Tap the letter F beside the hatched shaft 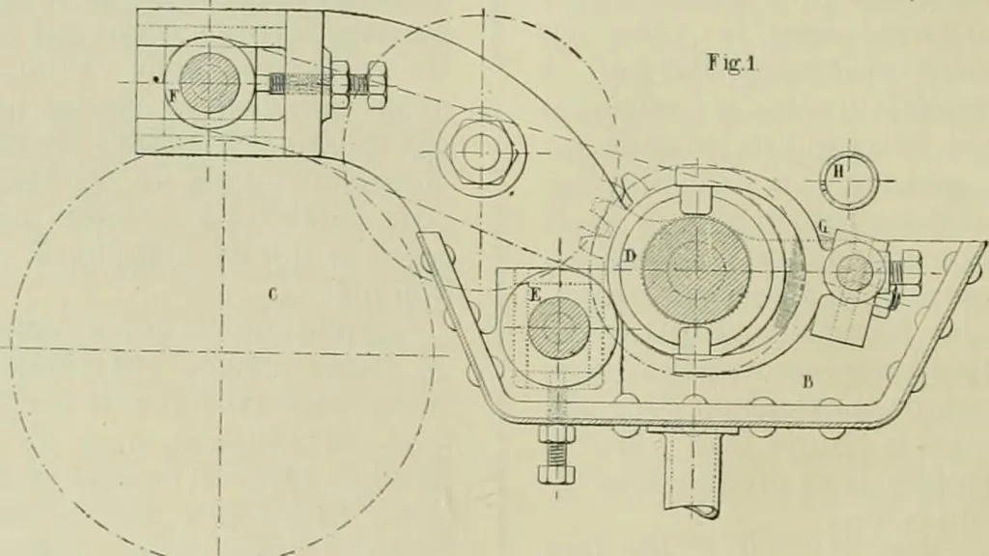(174, 96)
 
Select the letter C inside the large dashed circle (271, 293)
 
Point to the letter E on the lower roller (535, 295)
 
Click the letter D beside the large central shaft (630, 256)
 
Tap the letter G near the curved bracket (823, 226)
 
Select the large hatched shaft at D (695, 268)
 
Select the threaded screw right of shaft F (325, 84)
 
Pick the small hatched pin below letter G (855, 271)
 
